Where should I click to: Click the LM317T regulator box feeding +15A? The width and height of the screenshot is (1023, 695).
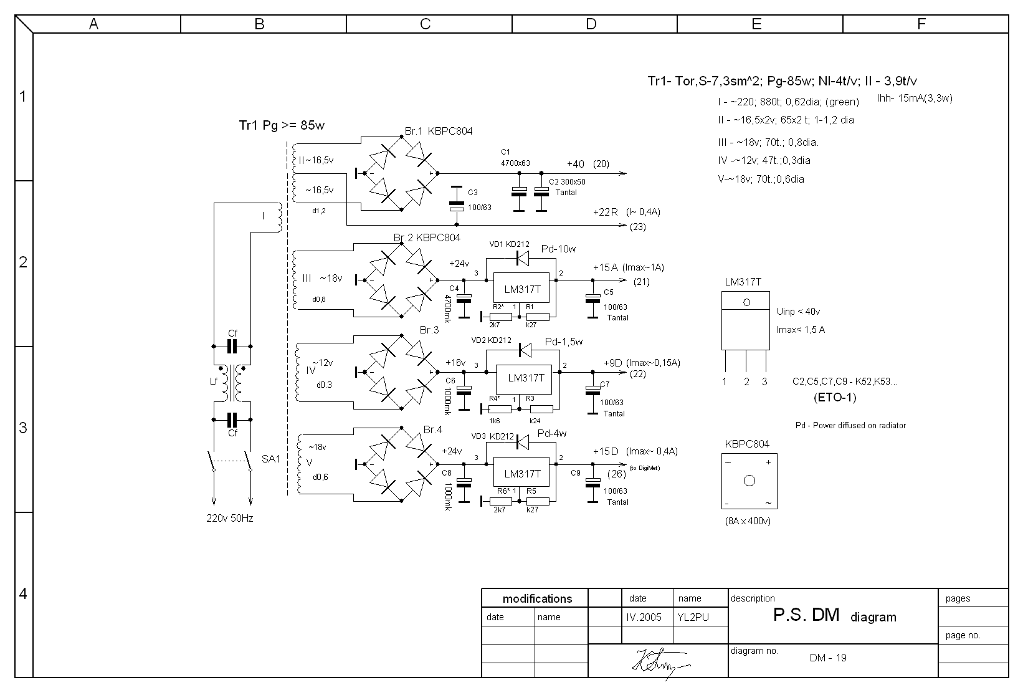tap(521, 289)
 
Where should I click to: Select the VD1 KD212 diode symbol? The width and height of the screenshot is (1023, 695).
tap(523, 258)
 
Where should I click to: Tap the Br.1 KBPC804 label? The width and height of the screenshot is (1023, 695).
tap(439, 131)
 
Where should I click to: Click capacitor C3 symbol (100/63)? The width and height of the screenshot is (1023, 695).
tap(457, 200)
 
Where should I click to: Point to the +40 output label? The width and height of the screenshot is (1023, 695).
tap(576, 164)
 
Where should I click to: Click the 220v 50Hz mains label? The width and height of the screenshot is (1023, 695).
tap(230, 518)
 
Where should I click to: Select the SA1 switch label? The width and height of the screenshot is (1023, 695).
tap(271, 459)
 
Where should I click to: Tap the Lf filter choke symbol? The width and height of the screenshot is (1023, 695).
tap(232, 383)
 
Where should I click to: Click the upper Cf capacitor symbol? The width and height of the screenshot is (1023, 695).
tap(232, 347)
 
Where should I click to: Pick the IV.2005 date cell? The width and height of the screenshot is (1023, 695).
tap(644, 617)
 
